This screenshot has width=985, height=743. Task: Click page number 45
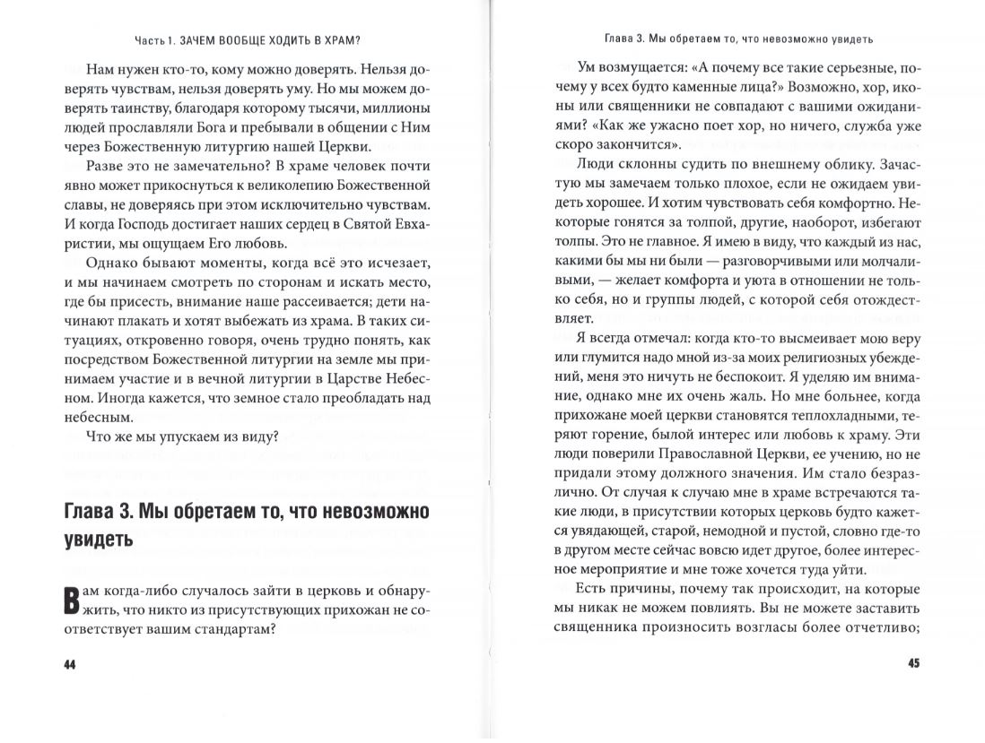[912, 664]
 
